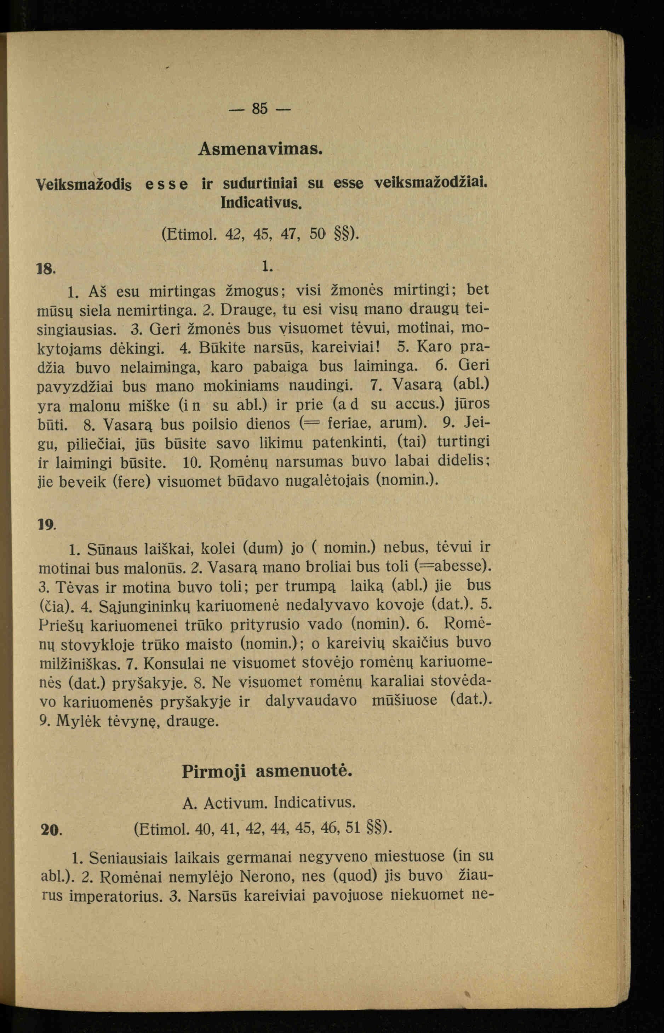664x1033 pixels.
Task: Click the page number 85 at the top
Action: click(259, 108)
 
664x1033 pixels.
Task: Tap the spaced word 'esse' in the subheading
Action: click(166, 184)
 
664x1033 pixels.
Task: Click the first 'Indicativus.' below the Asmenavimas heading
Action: click(261, 202)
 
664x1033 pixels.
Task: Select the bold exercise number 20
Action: click(51, 829)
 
